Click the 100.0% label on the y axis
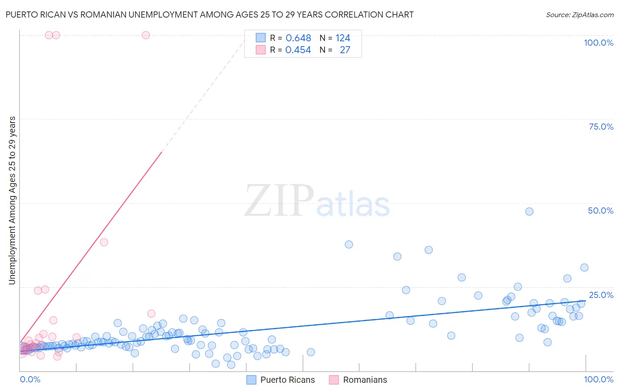(598, 43)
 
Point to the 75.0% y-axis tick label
(601, 127)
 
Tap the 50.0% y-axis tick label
(601, 211)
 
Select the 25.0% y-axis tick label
(601, 295)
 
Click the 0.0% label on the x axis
(30, 379)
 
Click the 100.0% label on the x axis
(598, 379)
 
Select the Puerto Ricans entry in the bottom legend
(287, 380)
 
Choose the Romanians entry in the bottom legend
(365, 380)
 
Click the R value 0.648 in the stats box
(298, 38)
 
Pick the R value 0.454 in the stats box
(298, 50)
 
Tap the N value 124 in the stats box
(343, 38)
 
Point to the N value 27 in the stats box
(345, 50)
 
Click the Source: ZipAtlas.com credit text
(579, 15)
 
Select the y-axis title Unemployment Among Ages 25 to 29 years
(12, 200)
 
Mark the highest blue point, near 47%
(529, 211)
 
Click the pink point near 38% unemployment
(104, 242)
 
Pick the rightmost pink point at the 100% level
(146, 35)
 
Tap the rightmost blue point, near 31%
(584, 268)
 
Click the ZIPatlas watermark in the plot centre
(317, 201)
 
